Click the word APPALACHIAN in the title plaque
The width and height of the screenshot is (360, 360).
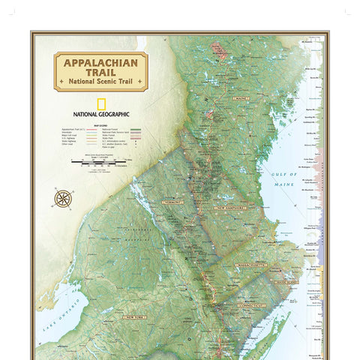click(100, 63)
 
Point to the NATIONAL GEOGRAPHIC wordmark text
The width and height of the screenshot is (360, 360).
click(100, 114)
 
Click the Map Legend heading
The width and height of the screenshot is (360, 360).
click(100, 124)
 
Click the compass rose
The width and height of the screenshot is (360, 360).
click(63, 199)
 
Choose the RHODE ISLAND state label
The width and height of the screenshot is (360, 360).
click(285, 282)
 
